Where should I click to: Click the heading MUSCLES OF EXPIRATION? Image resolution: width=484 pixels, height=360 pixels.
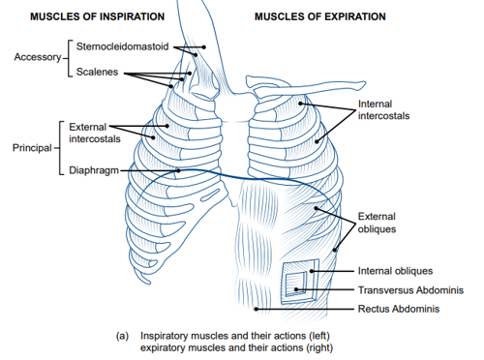(319, 16)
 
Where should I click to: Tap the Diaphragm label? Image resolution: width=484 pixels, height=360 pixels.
(98, 171)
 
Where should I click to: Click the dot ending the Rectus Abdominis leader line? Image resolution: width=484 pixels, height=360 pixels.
(256, 310)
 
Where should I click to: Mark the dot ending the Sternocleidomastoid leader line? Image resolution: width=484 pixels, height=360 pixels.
(204, 45)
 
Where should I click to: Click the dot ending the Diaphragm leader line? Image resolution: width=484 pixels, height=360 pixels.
(179, 171)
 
